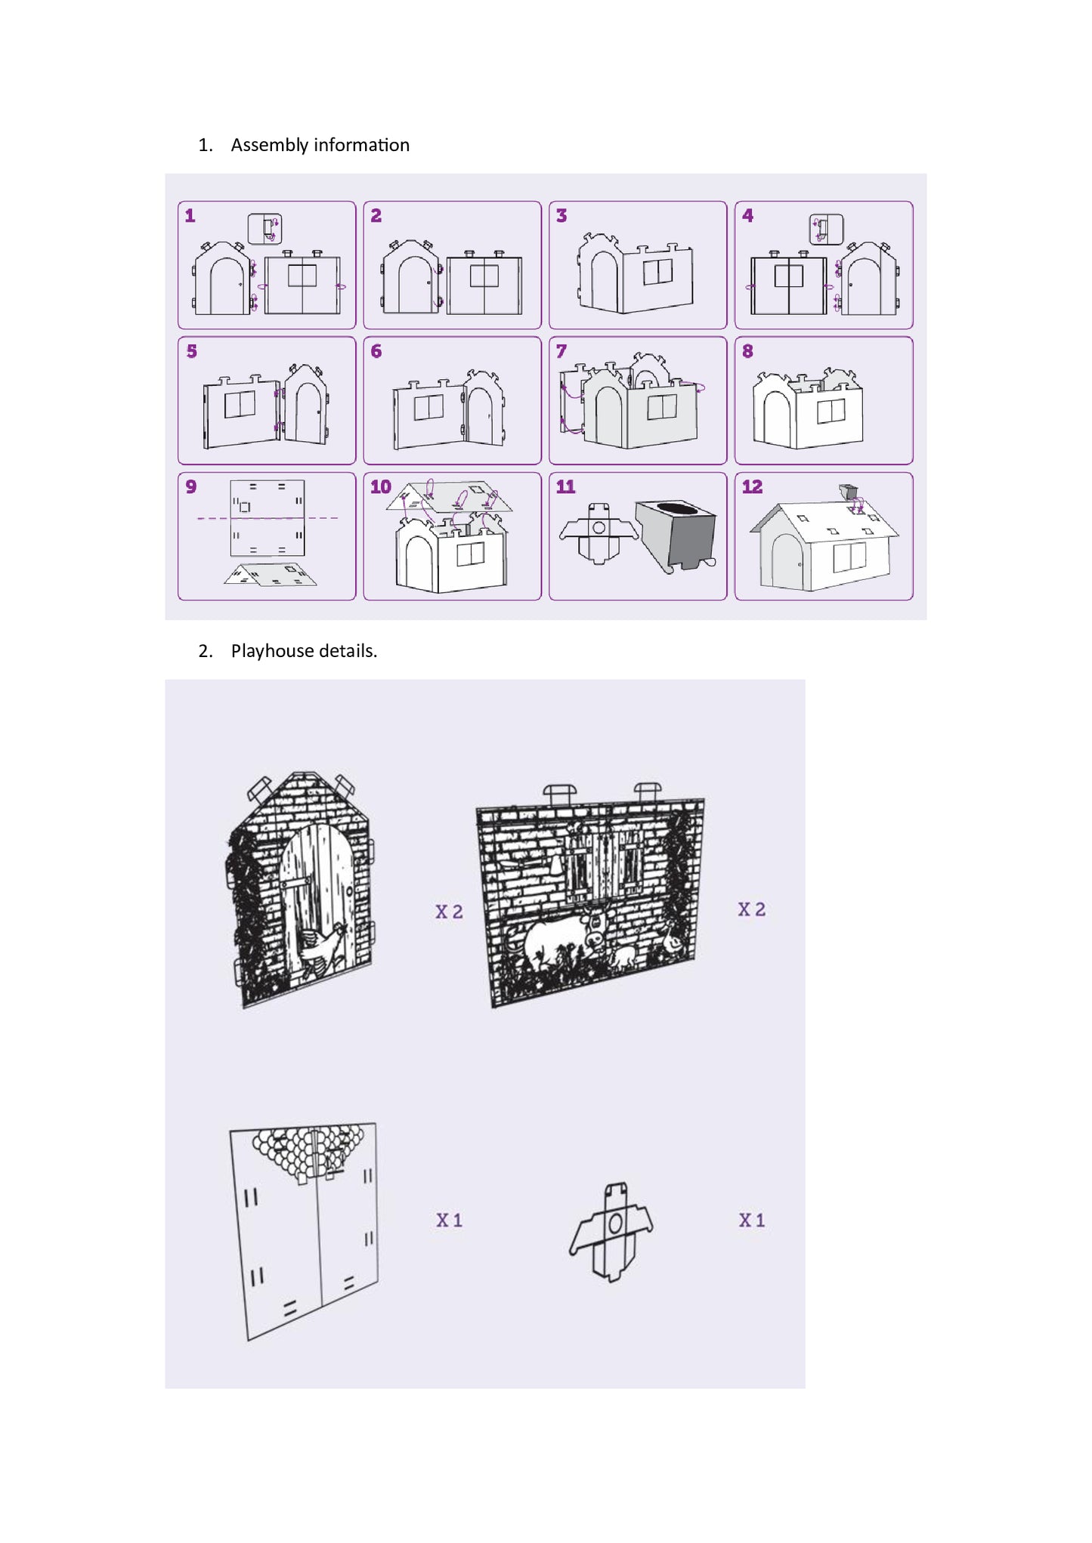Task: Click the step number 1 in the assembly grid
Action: [190, 216]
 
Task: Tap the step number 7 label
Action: [561, 351]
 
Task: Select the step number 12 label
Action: [752, 487]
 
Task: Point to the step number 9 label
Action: [191, 487]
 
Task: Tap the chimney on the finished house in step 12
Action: [848, 492]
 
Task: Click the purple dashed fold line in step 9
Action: [268, 518]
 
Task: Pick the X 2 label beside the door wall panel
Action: [449, 912]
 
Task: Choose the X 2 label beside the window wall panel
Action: [752, 909]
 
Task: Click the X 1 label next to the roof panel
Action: [449, 1220]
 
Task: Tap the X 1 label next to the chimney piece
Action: [752, 1220]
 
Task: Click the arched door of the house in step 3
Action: [605, 280]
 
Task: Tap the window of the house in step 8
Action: [831, 412]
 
